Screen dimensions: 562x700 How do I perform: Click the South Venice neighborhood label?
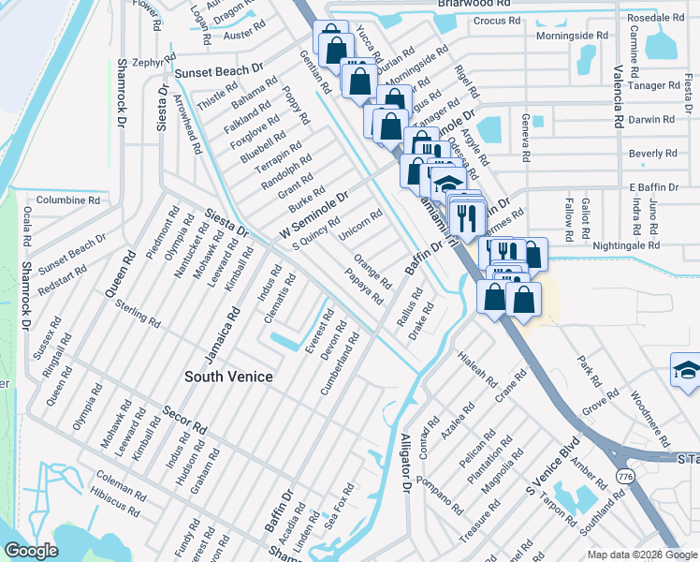[x=228, y=377]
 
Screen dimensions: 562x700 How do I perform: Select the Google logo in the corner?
[x=31, y=550]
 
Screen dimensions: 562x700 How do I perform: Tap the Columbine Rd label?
[x=67, y=200]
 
